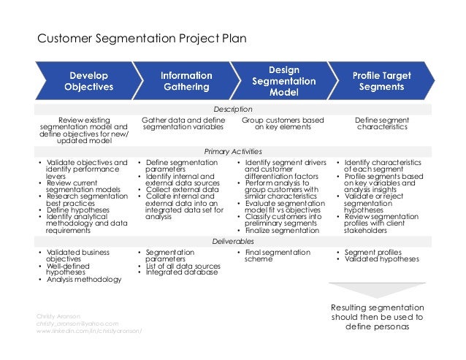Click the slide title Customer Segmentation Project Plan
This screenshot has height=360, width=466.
(x=142, y=37)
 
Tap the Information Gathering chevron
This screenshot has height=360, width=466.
(x=186, y=81)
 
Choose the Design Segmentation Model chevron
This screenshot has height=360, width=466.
(x=283, y=81)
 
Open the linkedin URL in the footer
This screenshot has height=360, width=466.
(x=89, y=331)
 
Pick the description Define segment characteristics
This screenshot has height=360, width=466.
(x=382, y=123)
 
